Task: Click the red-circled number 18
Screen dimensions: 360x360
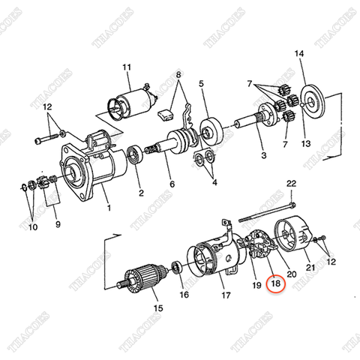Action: [276, 284]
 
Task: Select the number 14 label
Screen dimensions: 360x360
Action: [300, 53]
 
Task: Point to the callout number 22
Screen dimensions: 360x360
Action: [291, 184]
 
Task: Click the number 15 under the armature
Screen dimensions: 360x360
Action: [157, 307]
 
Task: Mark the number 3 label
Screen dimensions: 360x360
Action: [263, 155]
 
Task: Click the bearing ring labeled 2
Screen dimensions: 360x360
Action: [136, 156]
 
